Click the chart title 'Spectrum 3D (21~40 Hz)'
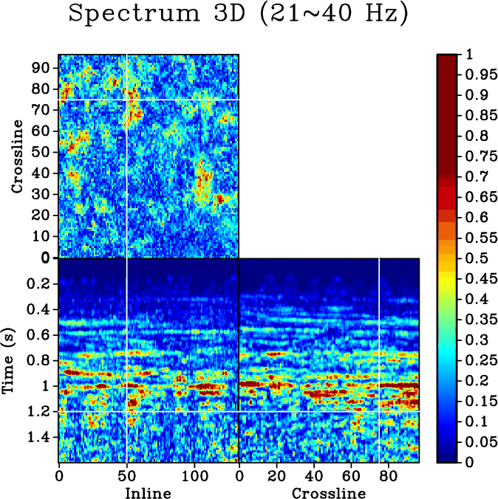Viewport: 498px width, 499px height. pyautogui.click(x=238, y=16)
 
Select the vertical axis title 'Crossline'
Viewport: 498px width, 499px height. pyautogui.click(x=18, y=160)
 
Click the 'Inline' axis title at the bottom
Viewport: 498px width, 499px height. pyautogui.click(x=148, y=492)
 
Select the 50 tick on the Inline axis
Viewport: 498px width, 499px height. pyautogui.click(x=126, y=477)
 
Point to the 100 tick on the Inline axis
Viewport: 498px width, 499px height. pyautogui.click(x=194, y=477)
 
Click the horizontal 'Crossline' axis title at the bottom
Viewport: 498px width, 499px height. pyautogui.click(x=328, y=492)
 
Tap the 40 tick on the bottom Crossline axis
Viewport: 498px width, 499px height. pyautogui.click(x=314, y=477)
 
